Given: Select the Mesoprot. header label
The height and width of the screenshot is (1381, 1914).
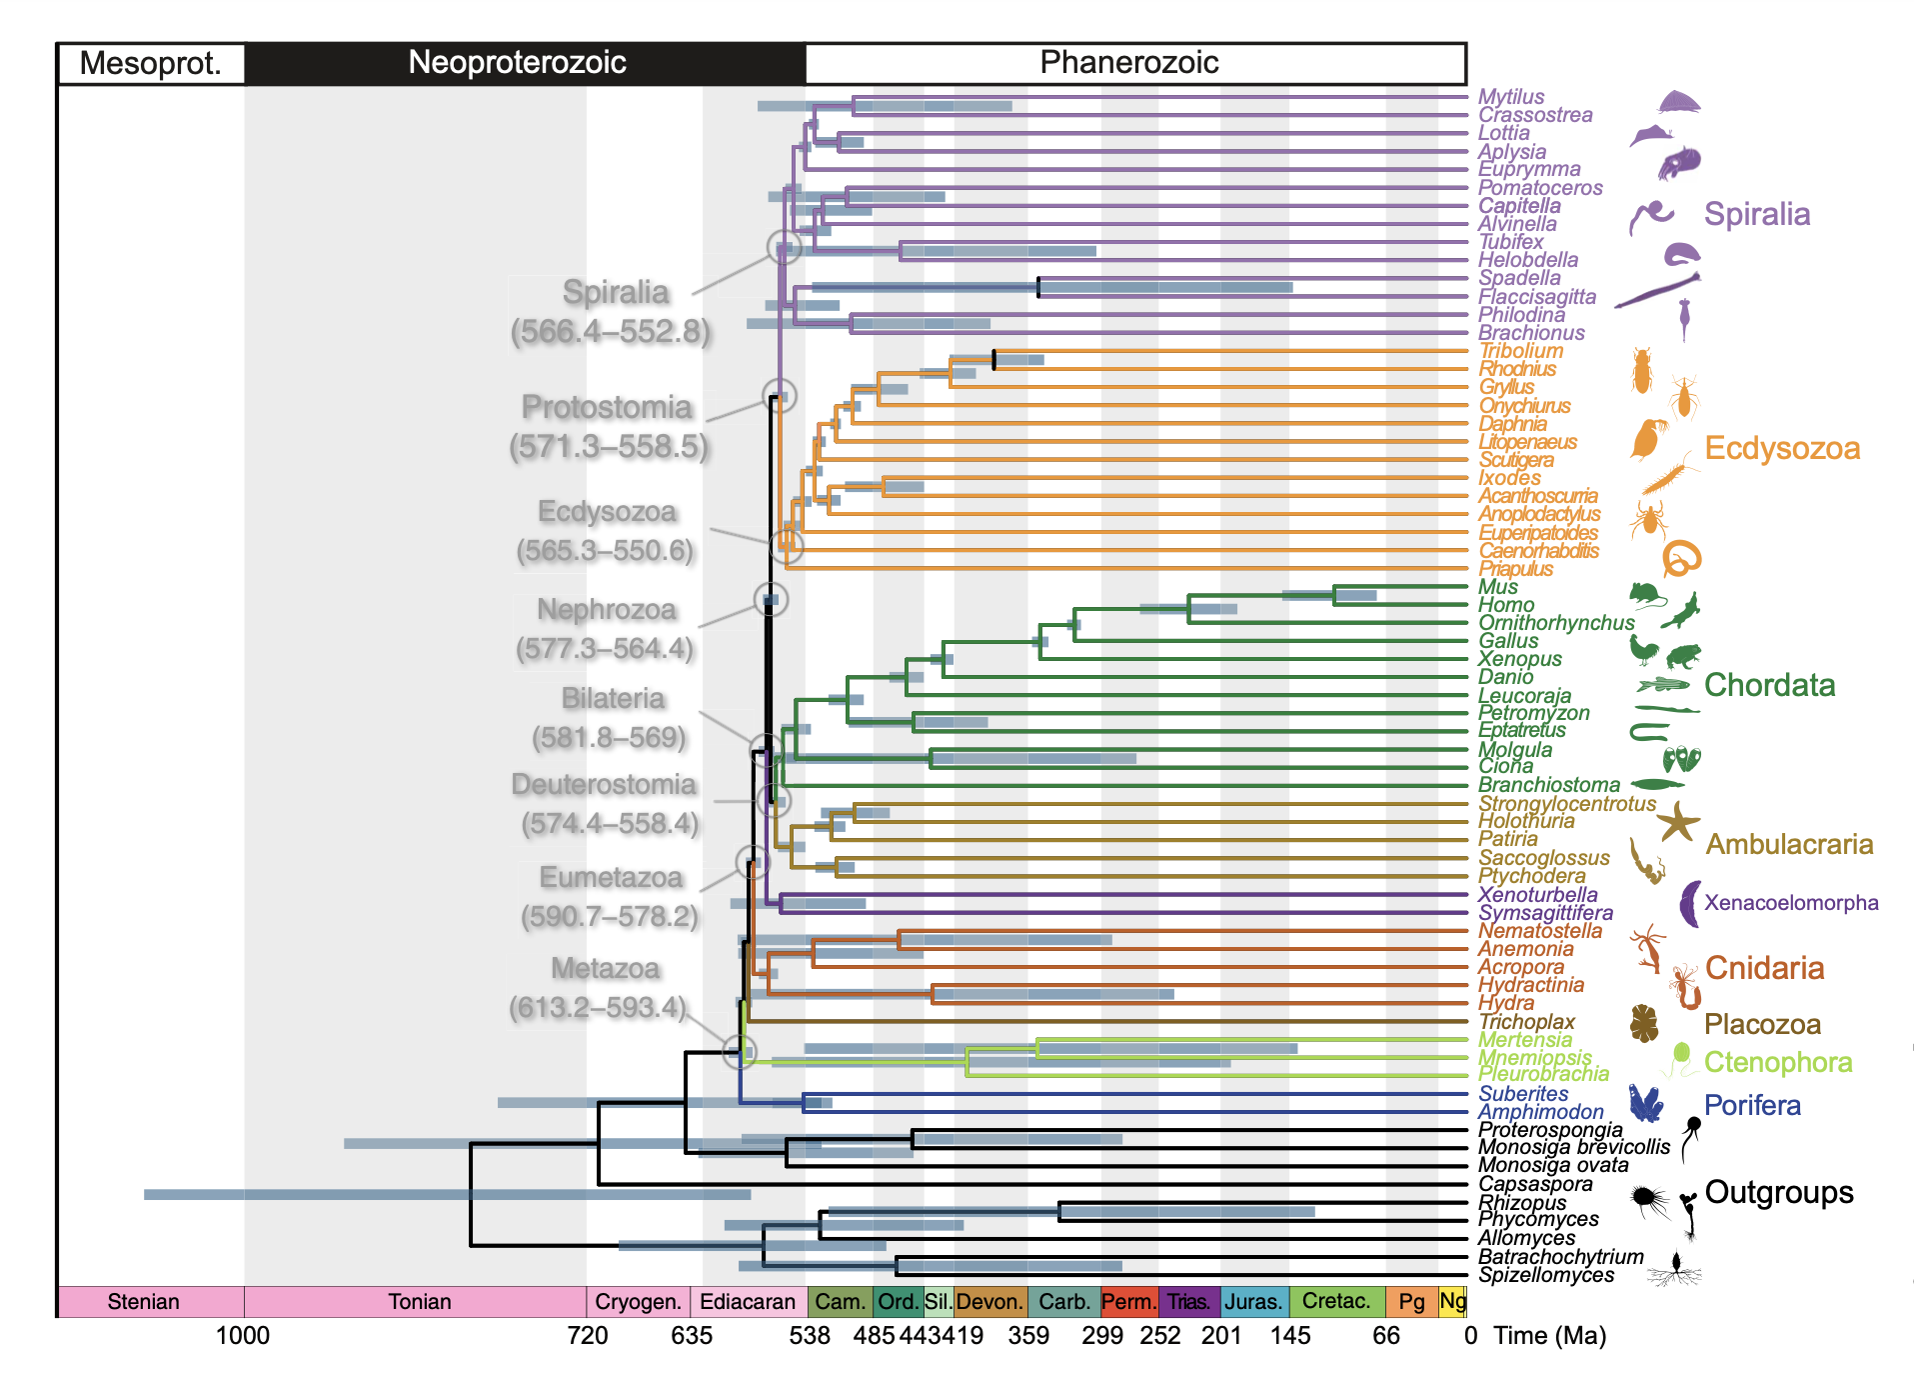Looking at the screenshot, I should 150,64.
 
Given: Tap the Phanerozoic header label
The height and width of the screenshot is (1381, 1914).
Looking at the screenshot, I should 1128,63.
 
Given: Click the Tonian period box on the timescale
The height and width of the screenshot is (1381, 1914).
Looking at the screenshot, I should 419,1301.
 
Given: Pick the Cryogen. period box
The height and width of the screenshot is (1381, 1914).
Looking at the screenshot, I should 638,1301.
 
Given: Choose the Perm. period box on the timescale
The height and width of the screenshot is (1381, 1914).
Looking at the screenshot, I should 1128,1301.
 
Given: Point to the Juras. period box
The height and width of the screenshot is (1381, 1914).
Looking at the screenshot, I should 1253,1301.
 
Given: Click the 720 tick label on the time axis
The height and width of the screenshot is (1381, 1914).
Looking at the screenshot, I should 588,1336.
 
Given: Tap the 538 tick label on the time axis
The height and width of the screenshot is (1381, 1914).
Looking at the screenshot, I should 810,1336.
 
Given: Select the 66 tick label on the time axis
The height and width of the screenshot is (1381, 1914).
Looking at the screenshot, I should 1386,1336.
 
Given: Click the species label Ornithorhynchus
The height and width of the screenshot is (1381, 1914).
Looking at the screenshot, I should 1556,623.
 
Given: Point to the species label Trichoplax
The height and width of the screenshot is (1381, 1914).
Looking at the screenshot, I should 1526,1022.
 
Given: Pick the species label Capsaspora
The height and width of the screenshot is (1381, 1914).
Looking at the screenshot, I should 1535,1184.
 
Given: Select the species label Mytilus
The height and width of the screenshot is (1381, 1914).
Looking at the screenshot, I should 1511,97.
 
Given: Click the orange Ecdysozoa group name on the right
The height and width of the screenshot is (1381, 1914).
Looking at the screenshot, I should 1782,448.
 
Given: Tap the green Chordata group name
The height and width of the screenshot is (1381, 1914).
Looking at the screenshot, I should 1769,685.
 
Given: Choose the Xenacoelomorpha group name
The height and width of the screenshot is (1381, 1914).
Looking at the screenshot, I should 1791,903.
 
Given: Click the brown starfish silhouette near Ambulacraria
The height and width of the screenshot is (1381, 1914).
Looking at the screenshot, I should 1678,822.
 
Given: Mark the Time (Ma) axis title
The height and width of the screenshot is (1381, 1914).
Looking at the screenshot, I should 1549,1336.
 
